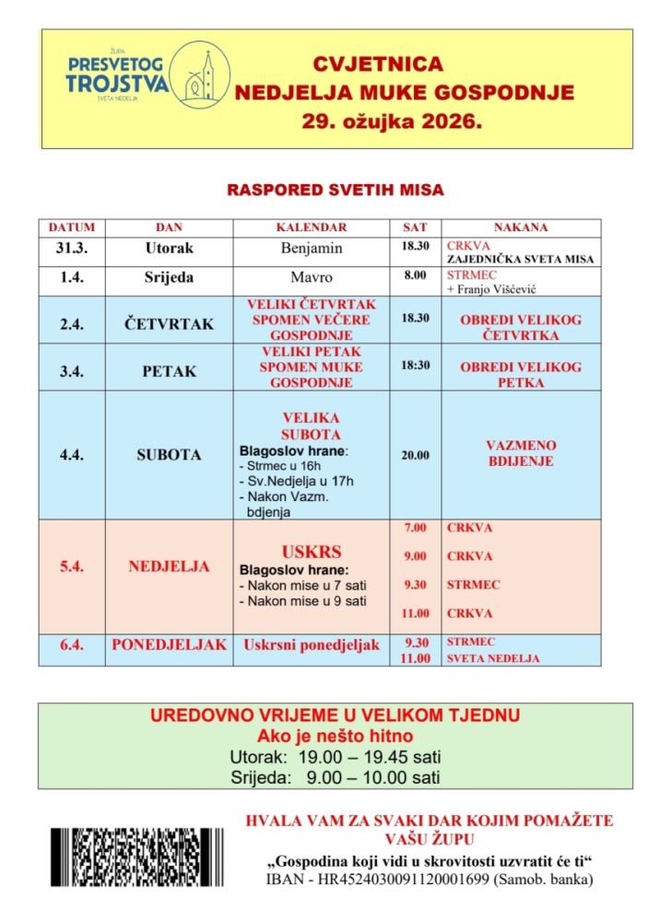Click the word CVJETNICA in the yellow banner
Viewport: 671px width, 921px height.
378,64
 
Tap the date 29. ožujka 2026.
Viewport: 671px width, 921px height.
392,121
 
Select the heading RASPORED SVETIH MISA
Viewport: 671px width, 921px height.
335,191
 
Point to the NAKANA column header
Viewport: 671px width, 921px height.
521,227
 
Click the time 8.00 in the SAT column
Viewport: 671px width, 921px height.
415,274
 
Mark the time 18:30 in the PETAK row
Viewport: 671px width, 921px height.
415,366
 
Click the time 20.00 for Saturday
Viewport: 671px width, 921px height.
415,455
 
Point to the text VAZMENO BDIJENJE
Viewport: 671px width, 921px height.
521,453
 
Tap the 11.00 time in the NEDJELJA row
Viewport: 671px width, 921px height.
415,613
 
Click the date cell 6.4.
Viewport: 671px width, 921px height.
72,646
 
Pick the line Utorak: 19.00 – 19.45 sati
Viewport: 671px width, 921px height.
335,757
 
